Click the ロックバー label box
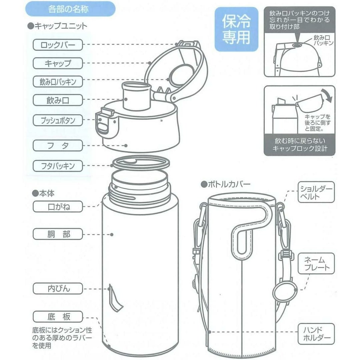click(58, 45)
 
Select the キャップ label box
click(58, 63)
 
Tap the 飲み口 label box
click(58, 100)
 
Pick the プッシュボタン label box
click(58, 120)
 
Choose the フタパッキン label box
click(58, 166)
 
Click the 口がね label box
click(58, 207)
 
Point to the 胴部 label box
click(58, 234)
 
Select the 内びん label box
click(58, 289)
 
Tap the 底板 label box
click(58, 317)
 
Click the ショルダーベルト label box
click(316, 192)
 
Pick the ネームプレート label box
click(316, 264)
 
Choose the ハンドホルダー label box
click(316, 334)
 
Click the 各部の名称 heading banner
click(70, 9)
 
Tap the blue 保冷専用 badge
click(236, 29)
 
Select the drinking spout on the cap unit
click(136, 96)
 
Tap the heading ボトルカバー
click(226, 184)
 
